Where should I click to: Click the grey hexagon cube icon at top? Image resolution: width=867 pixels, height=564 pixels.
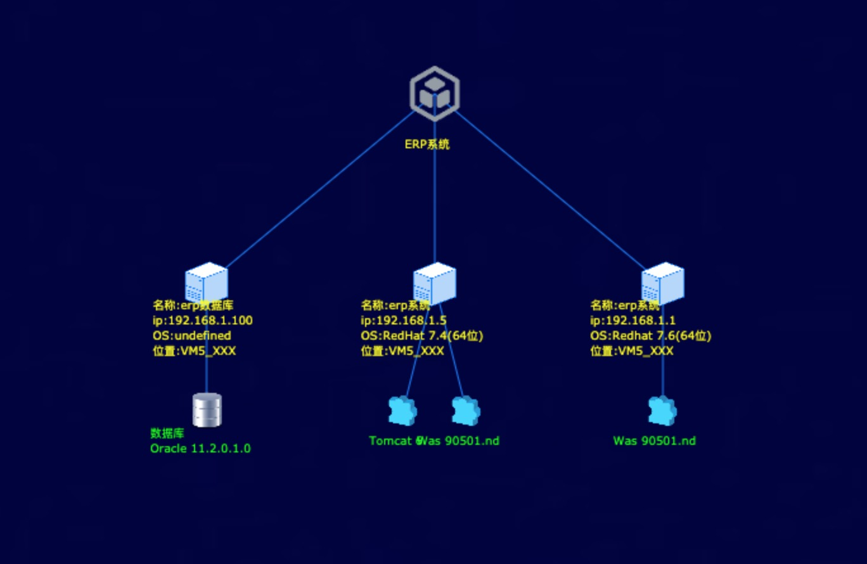[434, 93]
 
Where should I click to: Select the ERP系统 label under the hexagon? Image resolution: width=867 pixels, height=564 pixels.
[427, 144]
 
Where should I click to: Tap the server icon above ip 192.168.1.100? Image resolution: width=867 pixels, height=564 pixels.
[206, 282]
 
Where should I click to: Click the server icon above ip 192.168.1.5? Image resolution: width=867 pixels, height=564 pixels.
[434, 282]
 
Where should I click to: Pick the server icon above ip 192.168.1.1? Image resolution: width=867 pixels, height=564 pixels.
[662, 282]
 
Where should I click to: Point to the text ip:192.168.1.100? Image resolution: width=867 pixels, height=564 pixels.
[202, 321]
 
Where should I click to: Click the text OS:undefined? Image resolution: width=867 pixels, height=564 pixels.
[191, 336]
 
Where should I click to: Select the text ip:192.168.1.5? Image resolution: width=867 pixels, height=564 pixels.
[404, 321]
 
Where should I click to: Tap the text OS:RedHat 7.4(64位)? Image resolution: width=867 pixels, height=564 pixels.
[421, 336]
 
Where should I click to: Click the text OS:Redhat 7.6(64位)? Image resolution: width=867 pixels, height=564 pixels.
[650, 336]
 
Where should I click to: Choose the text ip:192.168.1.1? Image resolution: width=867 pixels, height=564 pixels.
[633, 321]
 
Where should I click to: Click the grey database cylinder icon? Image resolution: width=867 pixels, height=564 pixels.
[207, 409]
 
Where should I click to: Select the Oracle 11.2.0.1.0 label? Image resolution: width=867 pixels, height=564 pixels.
[200, 449]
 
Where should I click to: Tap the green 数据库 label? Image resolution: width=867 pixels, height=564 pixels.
[167, 433]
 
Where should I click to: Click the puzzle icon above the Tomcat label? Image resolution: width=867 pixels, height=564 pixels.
[402, 411]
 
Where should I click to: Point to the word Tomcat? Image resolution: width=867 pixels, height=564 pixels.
[389, 440]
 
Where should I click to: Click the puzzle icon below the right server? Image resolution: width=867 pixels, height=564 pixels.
[662, 411]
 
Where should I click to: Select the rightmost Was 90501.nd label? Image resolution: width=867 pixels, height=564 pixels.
[654, 440]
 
